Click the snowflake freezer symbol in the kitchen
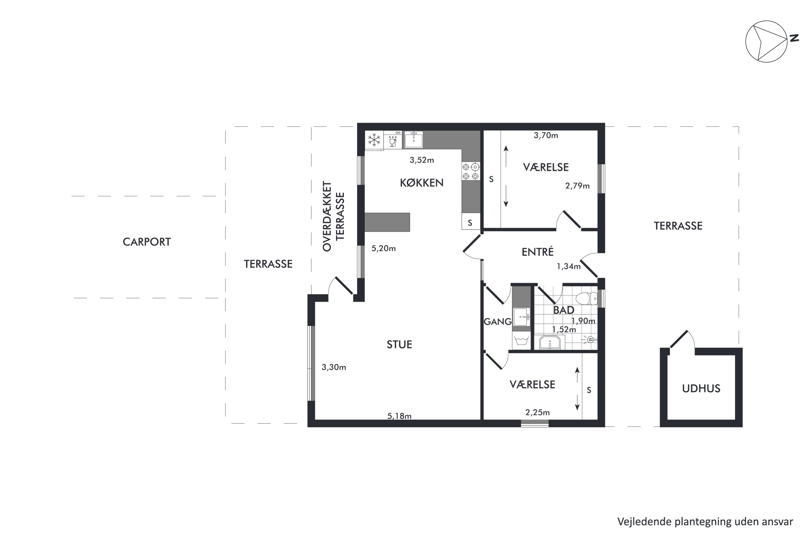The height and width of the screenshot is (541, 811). pyautogui.click(x=374, y=140)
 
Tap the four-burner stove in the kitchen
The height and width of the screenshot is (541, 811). pyautogui.click(x=471, y=171)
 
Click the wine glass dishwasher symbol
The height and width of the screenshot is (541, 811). pyautogui.click(x=393, y=140)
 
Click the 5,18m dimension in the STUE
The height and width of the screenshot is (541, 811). pyautogui.click(x=399, y=416)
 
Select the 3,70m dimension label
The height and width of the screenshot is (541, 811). pyautogui.click(x=546, y=135)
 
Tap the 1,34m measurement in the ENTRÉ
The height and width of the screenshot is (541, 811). pyautogui.click(x=569, y=266)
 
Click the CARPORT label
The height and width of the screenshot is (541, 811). pyautogui.click(x=147, y=242)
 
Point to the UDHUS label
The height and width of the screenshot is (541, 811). pyautogui.click(x=701, y=388)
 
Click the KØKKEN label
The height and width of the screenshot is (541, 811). pyautogui.click(x=421, y=183)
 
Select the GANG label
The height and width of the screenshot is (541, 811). pyautogui.click(x=497, y=322)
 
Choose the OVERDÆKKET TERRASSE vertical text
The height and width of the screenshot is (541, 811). pyautogui.click(x=333, y=216)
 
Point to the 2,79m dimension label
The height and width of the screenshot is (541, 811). pyautogui.click(x=577, y=186)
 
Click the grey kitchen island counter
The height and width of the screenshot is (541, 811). pyautogui.click(x=387, y=222)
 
